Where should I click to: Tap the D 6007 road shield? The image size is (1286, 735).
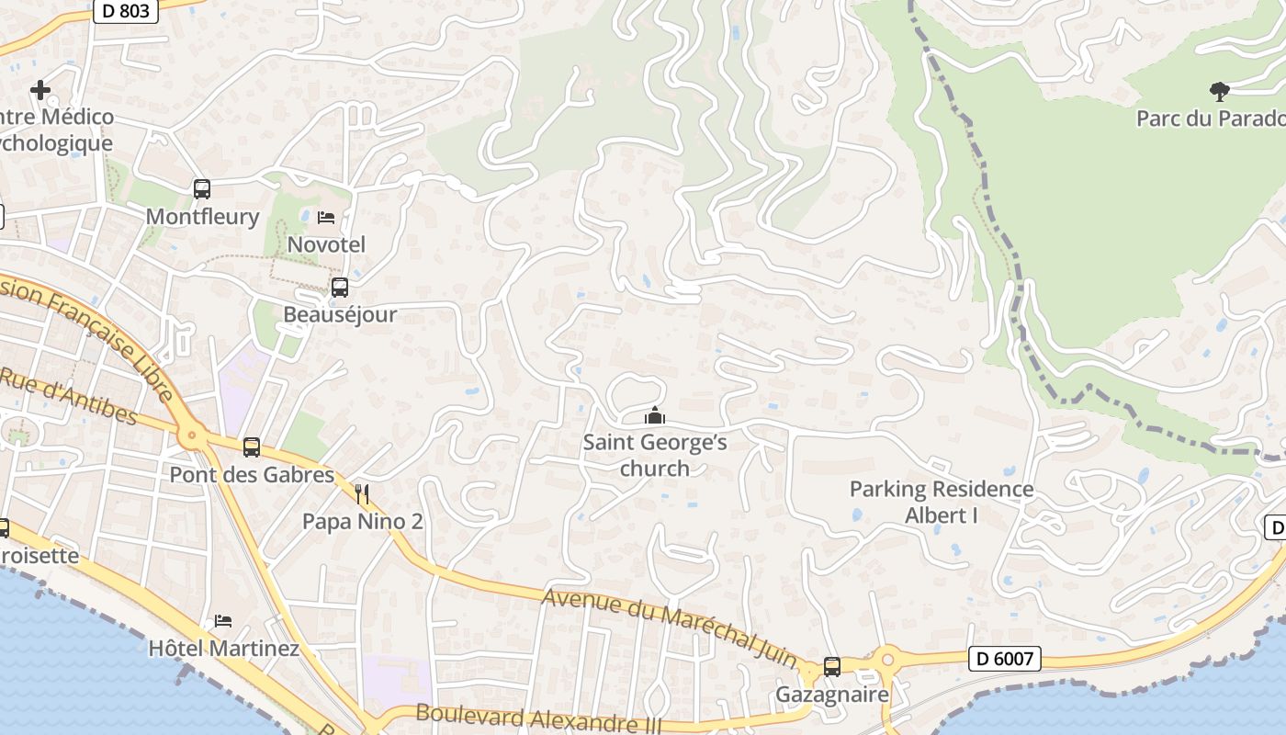point(1004,658)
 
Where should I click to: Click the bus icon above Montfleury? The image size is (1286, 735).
point(202,189)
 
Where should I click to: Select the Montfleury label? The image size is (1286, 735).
point(203,217)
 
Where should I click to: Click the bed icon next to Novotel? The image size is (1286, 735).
point(326,218)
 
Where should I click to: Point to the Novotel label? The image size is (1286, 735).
point(326,244)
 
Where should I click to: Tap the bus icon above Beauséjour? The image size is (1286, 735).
point(340,288)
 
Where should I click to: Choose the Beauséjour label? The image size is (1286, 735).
point(340,314)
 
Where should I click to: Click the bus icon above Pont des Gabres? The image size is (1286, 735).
point(252,447)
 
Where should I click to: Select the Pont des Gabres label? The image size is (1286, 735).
point(252,475)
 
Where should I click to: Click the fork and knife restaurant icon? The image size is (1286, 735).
point(363,495)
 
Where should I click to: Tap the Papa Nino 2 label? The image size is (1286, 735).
point(363,522)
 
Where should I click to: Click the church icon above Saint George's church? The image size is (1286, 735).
point(655,416)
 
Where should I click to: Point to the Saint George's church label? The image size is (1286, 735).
point(655,456)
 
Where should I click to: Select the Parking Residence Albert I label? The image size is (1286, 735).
point(942,502)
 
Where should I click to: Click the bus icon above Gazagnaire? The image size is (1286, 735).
point(832,667)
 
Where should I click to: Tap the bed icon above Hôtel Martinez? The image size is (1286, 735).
point(223,621)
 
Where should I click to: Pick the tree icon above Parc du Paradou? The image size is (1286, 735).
point(1220,91)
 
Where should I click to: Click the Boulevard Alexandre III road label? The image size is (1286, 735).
point(538,718)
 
